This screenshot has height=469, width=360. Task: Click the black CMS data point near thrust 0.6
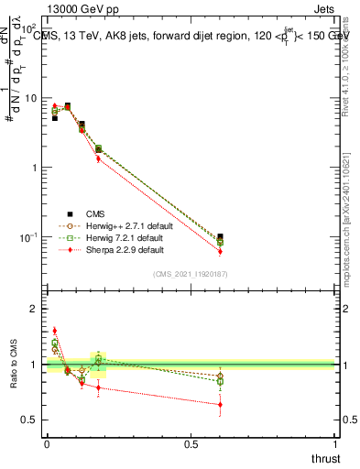[220, 236]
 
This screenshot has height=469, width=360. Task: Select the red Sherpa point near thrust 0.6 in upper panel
[220, 251]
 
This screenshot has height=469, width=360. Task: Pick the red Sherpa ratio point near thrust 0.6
[220, 404]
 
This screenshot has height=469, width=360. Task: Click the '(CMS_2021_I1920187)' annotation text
[191, 273]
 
